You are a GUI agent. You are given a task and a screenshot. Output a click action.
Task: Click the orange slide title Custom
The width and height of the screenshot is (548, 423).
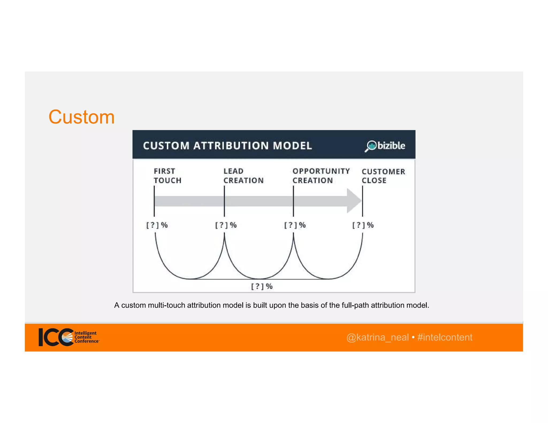(81, 117)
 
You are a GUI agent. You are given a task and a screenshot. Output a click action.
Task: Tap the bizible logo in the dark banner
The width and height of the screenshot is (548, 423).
(385, 146)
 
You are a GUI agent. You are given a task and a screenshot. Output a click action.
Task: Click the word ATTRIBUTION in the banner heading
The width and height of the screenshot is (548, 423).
(231, 146)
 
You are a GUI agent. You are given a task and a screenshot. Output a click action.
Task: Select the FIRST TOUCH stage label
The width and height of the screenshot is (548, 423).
(167, 176)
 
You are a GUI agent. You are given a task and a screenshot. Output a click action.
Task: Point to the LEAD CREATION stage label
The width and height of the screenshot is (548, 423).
(243, 176)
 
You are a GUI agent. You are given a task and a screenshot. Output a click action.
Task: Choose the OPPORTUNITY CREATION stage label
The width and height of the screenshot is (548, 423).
(321, 176)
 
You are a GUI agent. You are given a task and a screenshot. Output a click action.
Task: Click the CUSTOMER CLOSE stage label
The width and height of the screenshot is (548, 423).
(383, 176)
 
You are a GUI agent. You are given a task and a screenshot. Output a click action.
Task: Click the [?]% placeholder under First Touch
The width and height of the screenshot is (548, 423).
(157, 225)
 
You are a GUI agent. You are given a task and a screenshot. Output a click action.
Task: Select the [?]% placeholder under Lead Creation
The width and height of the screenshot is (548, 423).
(226, 225)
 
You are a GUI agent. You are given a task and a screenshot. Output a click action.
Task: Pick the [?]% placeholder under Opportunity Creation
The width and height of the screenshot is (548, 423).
(295, 225)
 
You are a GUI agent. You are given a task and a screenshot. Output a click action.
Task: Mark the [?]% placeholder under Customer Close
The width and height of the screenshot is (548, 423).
(363, 225)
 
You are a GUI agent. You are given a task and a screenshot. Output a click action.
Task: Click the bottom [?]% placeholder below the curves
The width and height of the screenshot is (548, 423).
(262, 286)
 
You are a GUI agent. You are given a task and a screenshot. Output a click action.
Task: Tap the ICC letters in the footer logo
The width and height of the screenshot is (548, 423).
(55, 337)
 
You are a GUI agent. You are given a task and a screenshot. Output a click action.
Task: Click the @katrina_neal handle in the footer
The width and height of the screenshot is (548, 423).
(377, 337)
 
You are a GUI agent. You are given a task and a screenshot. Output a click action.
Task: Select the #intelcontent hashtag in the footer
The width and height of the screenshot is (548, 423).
(445, 337)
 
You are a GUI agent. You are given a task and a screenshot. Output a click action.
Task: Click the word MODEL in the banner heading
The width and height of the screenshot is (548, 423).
(292, 146)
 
